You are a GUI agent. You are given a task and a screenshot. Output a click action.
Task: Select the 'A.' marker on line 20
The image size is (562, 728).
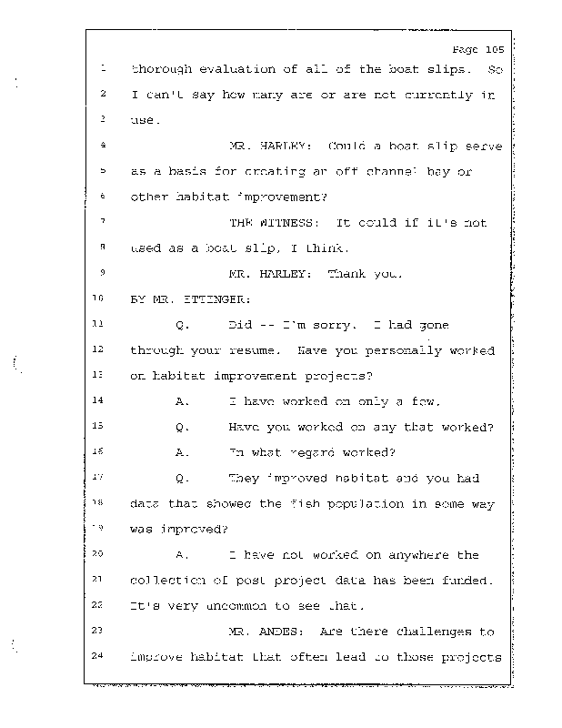click(181, 553)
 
